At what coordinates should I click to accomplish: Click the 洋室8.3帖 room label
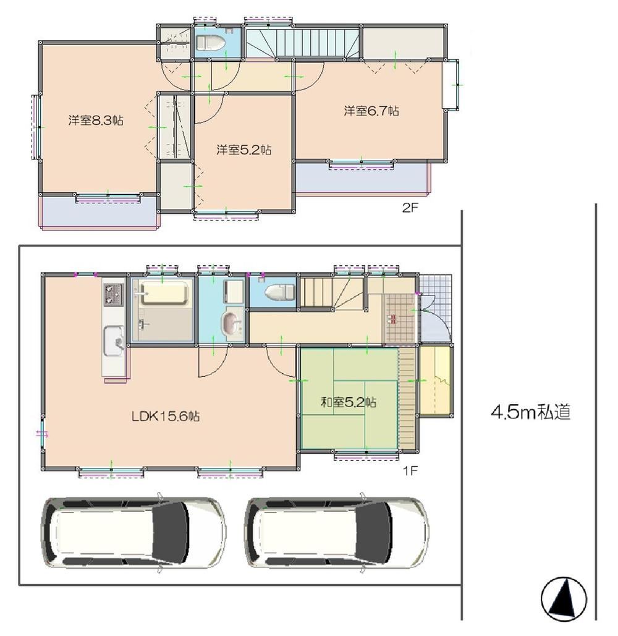tap(96, 121)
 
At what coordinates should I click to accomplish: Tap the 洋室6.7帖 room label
tap(371, 111)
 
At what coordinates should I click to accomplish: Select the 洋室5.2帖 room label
tap(243, 150)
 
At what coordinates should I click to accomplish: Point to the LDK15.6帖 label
tap(166, 416)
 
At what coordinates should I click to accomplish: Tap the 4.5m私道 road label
tap(530, 412)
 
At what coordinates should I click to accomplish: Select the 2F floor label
tap(410, 208)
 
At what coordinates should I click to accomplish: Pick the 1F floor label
tap(410, 471)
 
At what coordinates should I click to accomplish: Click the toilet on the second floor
tap(210, 42)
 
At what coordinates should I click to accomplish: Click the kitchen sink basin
tap(114, 341)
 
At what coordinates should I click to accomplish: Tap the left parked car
tap(133, 532)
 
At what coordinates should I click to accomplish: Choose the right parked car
tap(337, 532)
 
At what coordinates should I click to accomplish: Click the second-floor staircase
tap(303, 42)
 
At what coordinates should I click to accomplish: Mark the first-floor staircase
tap(333, 292)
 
